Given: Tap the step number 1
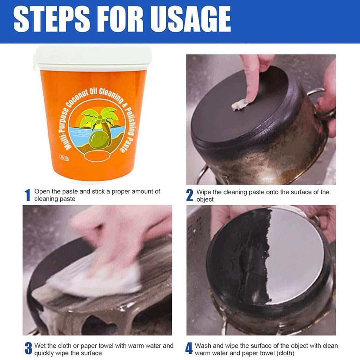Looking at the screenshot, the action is point(28,195).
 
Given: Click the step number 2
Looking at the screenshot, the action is point(189,195).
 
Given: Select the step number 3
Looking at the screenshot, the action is point(28,349).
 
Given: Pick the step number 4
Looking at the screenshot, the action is point(189,349).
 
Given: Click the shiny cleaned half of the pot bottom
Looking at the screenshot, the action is point(296,255).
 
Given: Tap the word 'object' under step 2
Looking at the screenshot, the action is point(205,200).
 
